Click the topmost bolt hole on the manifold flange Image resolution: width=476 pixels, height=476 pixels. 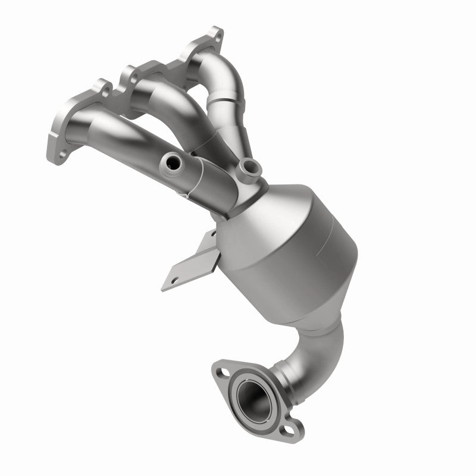click(x=215, y=36)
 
